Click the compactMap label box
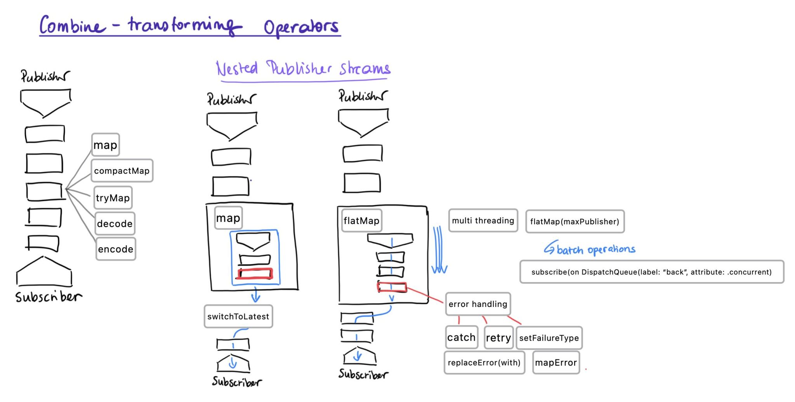click(122, 171)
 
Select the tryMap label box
click(113, 198)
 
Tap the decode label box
click(115, 224)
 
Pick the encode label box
click(116, 249)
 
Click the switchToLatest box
click(238, 316)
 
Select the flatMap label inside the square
click(361, 221)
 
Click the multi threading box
click(483, 221)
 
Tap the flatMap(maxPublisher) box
click(575, 222)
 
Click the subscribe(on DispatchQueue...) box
click(651, 272)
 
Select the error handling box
click(478, 304)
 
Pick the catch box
click(461, 338)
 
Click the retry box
click(498, 338)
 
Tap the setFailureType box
click(549, 338)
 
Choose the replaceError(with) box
click(484, 363)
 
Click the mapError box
click(556, 363)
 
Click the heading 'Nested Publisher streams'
click(303, 69)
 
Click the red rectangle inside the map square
click(255, 274)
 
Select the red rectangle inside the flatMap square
click(392, 287)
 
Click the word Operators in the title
click(301, 27)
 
